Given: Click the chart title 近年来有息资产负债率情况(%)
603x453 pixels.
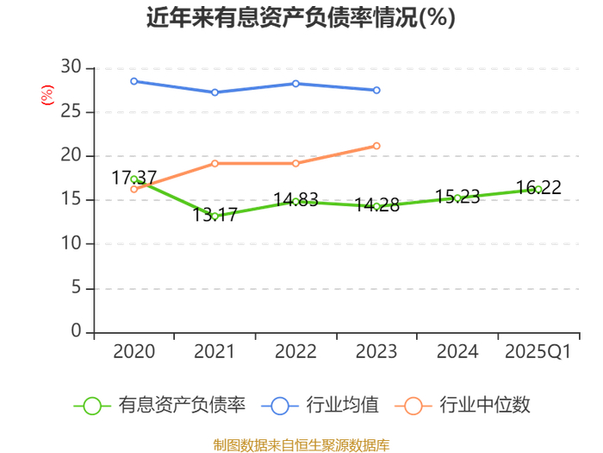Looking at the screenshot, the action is (x=301, y=17).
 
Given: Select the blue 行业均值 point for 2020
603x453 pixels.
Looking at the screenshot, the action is (x=134, y=81).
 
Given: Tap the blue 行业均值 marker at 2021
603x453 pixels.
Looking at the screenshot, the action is (x=215, y=92).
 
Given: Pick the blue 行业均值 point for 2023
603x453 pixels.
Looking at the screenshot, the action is (x=377, y=90).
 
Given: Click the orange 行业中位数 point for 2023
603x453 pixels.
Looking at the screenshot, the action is (x=377, y=146).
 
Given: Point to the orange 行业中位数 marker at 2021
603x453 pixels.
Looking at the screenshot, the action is (x=215, y=164).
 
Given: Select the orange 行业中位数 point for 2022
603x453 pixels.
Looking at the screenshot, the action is (x=295, y=164).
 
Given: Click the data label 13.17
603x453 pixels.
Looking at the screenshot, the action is (x=214, y=215).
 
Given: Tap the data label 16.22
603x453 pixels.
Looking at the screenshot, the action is (x=538, y=187).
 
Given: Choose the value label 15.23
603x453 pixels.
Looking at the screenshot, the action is (x=457, y=197).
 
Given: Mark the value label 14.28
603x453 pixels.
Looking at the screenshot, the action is (x=377, y=205).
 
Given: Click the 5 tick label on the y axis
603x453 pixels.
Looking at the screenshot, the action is (x=77, y=287).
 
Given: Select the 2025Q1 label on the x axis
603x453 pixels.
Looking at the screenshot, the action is (x=538, y=352).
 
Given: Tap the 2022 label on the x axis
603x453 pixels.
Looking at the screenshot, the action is (x=295, y=352).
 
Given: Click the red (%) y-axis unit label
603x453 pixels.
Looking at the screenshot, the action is (x=47, y=95).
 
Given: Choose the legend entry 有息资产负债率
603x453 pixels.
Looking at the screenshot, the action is (x=159, y=406).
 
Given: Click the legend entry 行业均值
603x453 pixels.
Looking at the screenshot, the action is (x=320, y=406).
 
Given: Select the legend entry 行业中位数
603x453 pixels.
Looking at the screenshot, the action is (x=463, y=406).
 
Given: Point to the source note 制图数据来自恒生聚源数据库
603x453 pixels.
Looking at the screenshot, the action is (x=301, y=445).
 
